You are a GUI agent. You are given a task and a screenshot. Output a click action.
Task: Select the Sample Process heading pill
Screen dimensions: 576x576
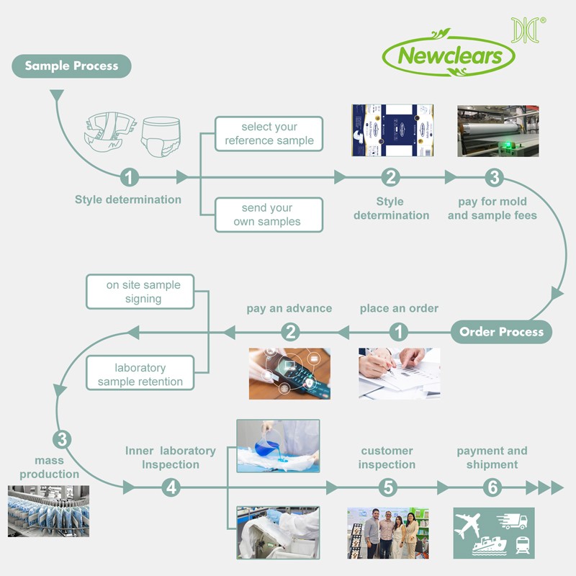pos(71,66)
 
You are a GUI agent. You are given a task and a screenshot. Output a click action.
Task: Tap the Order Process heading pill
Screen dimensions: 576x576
pos(501,332)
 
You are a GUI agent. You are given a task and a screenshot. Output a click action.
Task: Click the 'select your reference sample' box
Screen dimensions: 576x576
pos(269,134)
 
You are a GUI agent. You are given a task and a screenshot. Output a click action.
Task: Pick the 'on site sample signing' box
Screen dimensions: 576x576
pos(143,292)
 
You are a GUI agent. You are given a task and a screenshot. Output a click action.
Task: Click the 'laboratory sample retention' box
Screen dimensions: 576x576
pos(140,374)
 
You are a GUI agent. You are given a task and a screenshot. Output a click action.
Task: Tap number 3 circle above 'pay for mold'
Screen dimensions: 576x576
pos(493,177)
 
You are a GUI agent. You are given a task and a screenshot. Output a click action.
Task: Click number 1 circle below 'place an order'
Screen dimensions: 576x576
pos(399,332)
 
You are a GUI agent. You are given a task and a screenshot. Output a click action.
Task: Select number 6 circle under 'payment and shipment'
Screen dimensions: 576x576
pos(492,487)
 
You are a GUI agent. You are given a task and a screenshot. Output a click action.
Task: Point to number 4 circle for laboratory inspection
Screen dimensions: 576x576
pos(171,487)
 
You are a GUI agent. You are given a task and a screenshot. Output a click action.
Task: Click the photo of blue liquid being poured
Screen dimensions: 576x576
pos(278,446)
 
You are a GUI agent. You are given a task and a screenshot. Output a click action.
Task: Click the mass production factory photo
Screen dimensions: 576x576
pos(48,511)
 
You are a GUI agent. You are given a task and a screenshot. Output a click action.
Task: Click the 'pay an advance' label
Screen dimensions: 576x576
pos(289,308)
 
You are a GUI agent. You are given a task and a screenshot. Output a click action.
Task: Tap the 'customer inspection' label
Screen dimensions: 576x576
pos(387,458)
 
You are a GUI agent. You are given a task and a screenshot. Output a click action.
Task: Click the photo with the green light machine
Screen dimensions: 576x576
pos(498,131)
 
